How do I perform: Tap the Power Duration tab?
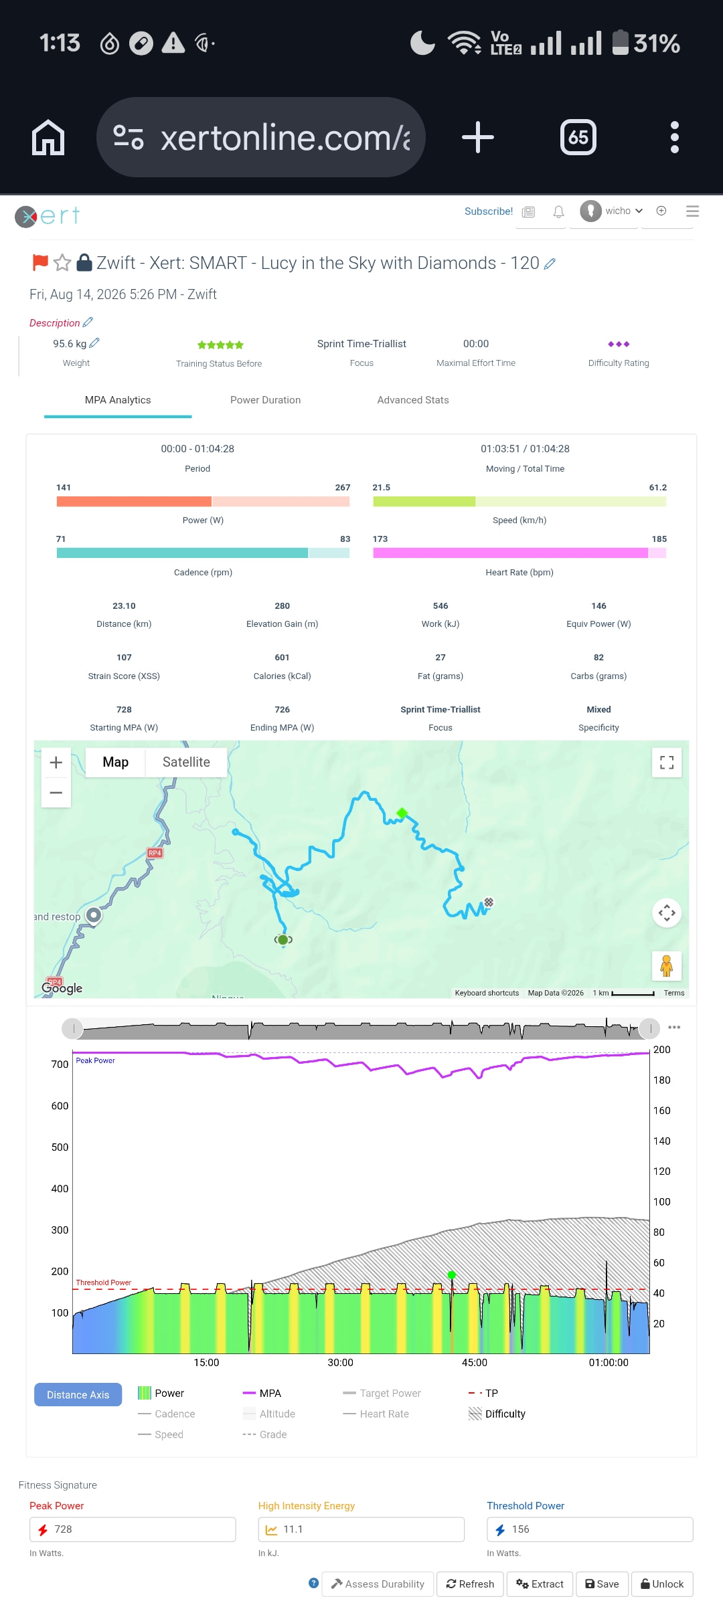pos(265,400)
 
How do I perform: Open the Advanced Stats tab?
pos(413,400)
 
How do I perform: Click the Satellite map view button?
pos(186,762)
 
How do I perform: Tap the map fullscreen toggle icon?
pos(667,763)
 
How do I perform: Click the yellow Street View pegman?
pos(666,966)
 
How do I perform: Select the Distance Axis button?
pos(78,1395)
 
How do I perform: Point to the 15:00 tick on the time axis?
pos(206,1363)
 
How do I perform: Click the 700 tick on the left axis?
pos(60,1064)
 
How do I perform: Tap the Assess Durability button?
pos(378,1584)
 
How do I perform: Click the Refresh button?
pos(470,1584)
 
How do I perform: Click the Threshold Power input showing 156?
pos(590,1529)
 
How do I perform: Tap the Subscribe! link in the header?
pos(489,211)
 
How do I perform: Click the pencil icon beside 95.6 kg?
pos(94,343)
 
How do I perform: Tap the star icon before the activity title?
pos(62,263)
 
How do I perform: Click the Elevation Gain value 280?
pos(282,606)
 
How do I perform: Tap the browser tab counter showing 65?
pos(578,137)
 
